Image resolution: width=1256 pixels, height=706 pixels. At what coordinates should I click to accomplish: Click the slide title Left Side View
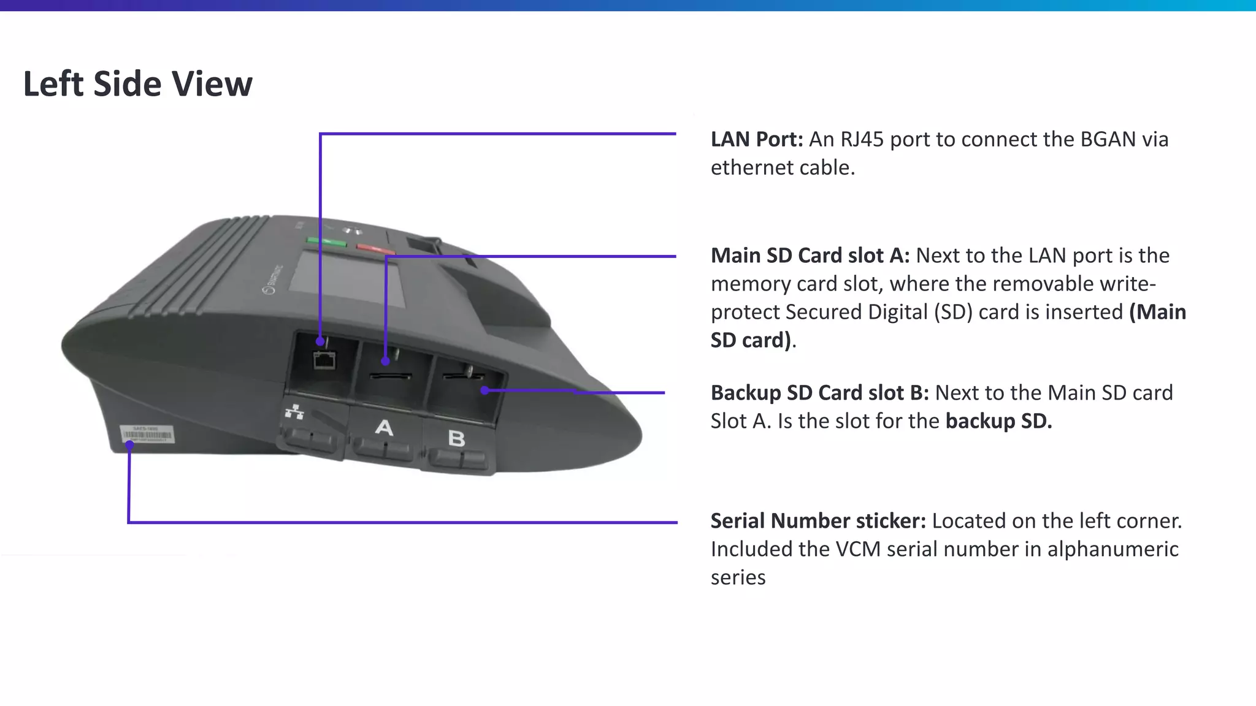tap(137, 84)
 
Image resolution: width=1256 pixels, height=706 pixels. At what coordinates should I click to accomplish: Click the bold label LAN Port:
tap(756, 140)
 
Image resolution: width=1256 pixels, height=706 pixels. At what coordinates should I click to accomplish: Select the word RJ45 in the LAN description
tap(862, 140)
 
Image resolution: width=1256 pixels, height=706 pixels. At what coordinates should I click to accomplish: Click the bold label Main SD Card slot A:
tap(810, 256)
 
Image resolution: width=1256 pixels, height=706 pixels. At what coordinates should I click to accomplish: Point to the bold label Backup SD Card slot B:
tap(819, 393)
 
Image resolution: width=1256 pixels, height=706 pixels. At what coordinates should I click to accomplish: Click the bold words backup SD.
tap(998, 421)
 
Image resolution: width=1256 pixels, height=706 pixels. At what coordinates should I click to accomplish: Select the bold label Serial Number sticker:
tap(818, 521)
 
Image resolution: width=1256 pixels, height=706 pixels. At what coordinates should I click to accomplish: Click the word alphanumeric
tap(1112, 549)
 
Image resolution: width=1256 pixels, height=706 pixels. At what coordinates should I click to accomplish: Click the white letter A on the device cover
tap(384, 427)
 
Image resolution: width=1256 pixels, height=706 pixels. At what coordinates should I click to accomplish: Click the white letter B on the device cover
tap(456, 438)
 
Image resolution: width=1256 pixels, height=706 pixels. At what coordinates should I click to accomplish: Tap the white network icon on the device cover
tap(294, 412)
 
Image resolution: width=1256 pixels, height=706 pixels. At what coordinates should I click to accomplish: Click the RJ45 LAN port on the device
tap(324, 360)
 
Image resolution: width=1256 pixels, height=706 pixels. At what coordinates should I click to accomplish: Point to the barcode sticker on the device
tap(148, 435)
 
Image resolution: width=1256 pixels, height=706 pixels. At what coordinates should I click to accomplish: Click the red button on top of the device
tap(375, 249)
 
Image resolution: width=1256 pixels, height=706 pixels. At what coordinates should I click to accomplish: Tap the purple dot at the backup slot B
tap(484, 390)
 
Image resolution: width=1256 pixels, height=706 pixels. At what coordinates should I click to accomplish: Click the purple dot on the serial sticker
tap(129, 445)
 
